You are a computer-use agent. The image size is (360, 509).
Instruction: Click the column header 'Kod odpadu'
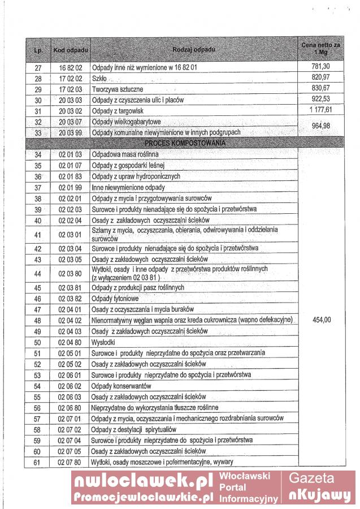pos(70,51)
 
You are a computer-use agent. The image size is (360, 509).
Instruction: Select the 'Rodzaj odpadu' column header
pos(194,50)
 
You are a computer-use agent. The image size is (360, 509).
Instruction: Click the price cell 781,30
pos(320,67)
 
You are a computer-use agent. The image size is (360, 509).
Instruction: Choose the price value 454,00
pos(320,320)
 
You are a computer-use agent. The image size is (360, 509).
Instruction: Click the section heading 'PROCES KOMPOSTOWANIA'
pos(185,143)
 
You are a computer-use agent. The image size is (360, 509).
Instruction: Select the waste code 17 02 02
pos(71,78)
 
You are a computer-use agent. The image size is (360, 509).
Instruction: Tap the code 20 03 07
pos(71,122)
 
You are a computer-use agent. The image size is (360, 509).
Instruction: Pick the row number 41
pos(38,235)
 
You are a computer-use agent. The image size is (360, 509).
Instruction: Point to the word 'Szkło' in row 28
pos(99,78)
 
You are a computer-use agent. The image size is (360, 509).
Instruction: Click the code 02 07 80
pos(70,462)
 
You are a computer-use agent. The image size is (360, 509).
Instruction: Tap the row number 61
pos(38,462)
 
